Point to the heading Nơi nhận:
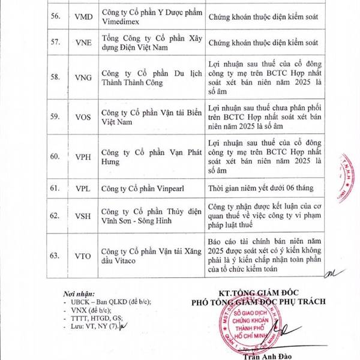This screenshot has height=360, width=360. tap(77, 294)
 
